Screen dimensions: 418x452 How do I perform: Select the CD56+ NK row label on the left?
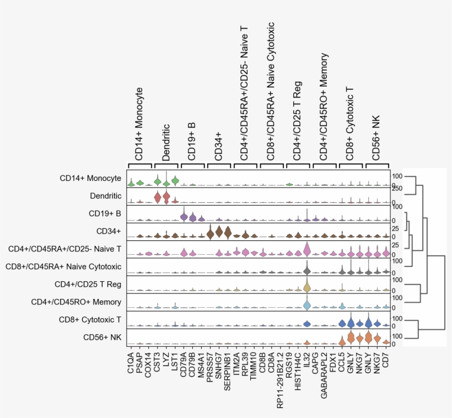(102, 337)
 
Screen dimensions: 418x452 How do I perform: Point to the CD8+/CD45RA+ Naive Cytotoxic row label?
(63, 266)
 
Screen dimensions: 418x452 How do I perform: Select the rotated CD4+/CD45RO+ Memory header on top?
(324, 106)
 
